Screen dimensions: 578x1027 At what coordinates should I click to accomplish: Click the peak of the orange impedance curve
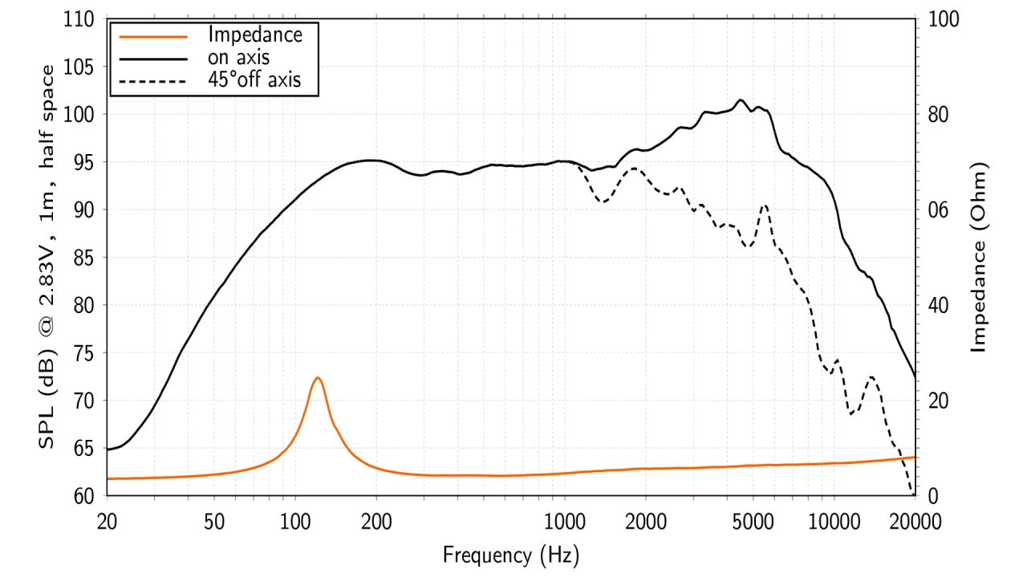[318, 377]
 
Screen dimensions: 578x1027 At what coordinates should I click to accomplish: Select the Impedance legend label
[254, 35]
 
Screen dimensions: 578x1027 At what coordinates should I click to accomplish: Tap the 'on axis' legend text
[238, 57]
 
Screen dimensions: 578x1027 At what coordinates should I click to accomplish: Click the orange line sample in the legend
[153, 35]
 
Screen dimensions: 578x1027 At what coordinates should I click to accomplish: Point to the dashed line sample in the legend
[153, 80]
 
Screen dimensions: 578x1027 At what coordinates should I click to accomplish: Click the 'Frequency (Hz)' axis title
[510, 554]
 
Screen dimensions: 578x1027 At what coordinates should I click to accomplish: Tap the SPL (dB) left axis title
[48, 257]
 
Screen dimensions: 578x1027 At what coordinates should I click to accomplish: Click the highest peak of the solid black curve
[741, 100]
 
